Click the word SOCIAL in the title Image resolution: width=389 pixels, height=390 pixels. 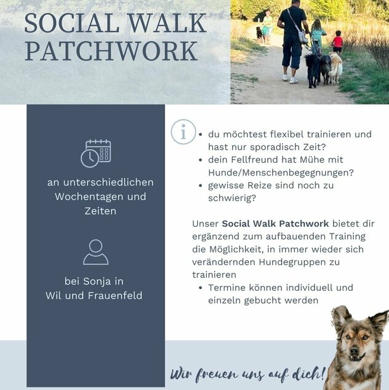[x=72, y=23]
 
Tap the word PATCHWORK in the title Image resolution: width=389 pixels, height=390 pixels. [x=111, y=52]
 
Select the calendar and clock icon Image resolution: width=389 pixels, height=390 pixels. [x=96, y=153]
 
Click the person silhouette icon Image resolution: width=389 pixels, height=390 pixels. [x=95, y=252]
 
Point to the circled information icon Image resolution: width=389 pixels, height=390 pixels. [x=183, y=132]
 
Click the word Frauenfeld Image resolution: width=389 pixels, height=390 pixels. [x=115, y=296]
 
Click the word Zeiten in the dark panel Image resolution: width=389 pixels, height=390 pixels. [x=100, y=211]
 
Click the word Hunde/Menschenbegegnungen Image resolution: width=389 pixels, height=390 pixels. [x=281, y=173]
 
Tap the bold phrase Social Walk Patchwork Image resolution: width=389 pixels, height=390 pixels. [x=275, y=224]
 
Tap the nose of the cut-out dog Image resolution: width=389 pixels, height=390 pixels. [x=354, y=351]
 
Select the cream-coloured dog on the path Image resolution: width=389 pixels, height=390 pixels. [x=336, y=67]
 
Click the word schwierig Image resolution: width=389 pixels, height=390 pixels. [x=232, y=198]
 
